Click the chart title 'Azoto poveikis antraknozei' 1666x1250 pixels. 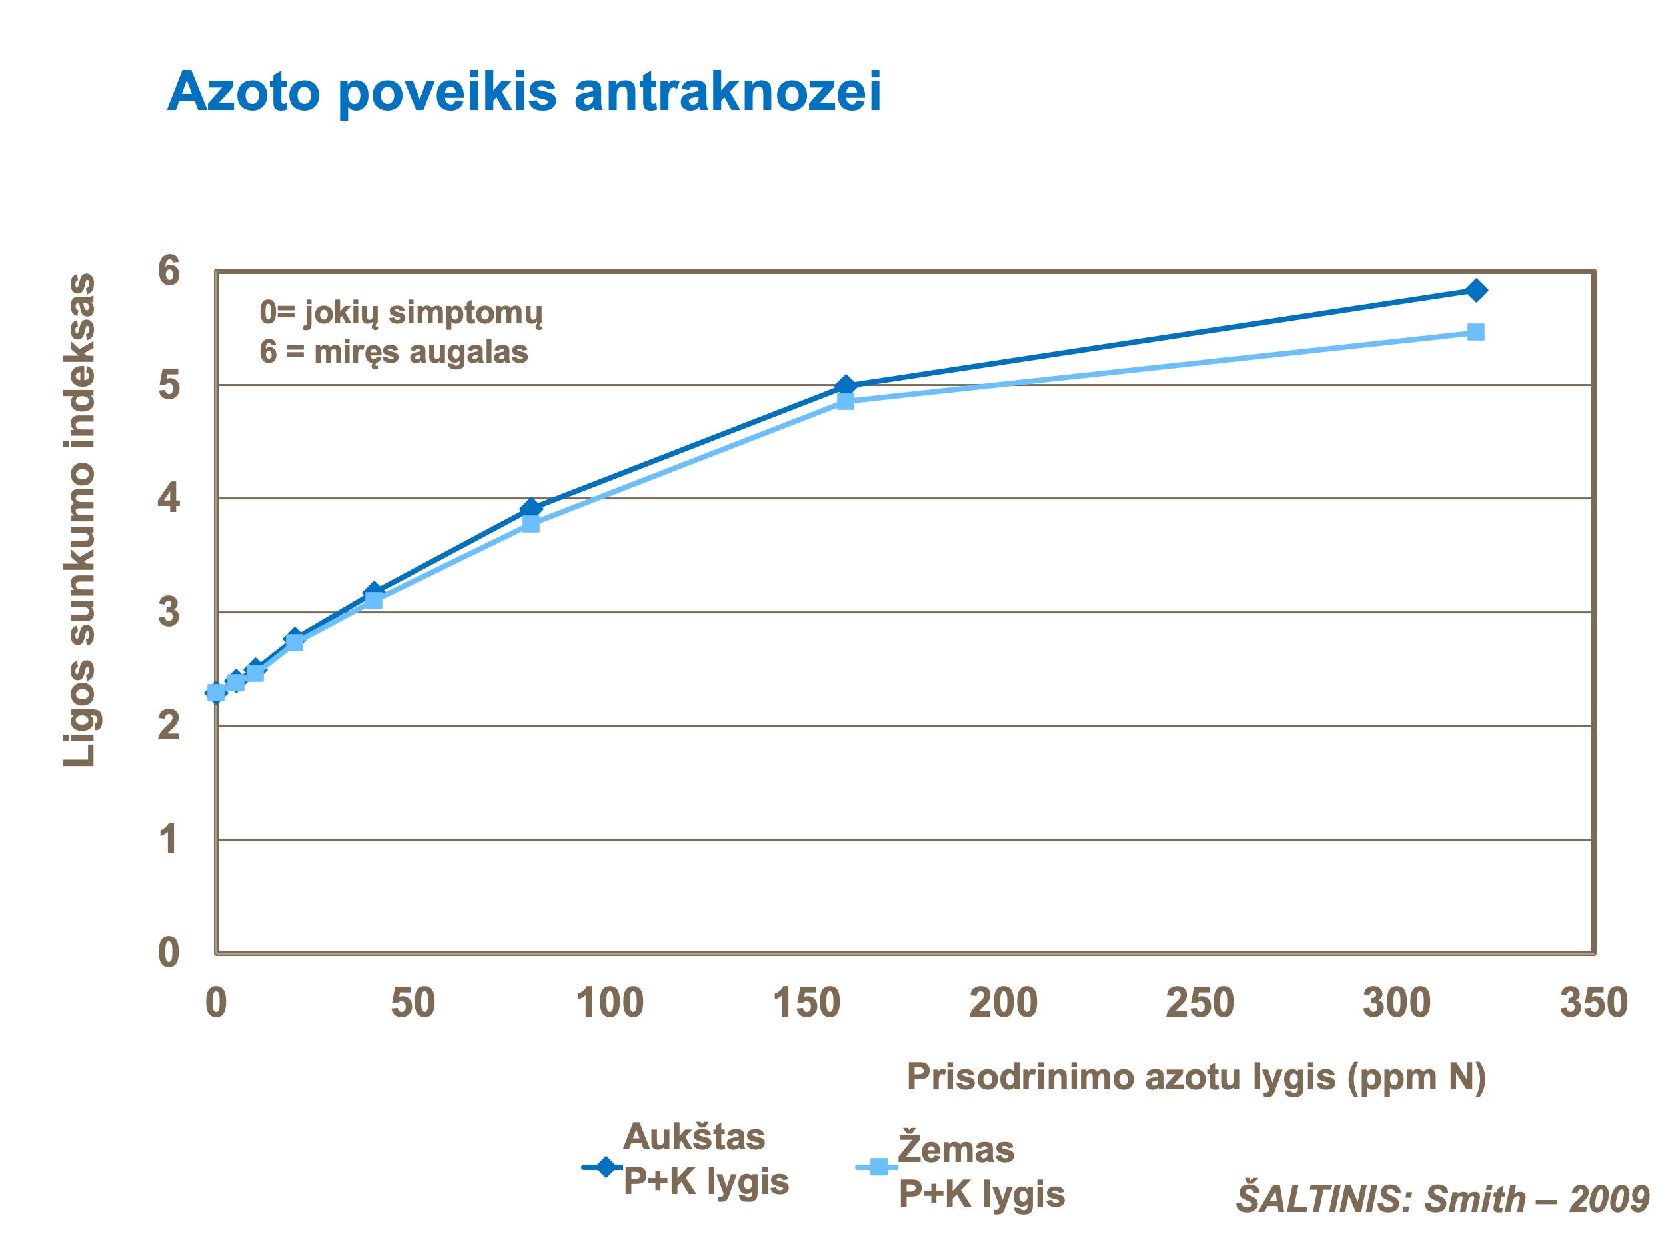524,92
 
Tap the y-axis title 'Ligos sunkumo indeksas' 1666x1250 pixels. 79,521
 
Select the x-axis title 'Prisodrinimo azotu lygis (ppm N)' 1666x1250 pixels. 1197,1077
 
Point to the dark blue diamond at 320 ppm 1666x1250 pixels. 1476,290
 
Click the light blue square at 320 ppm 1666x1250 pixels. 1476,332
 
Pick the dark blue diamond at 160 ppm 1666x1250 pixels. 846,386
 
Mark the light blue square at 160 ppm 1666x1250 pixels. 846,401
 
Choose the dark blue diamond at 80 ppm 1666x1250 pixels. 531,508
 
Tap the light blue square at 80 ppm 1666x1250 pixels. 531,523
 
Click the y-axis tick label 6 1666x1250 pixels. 169,271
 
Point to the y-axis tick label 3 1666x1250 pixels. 169,613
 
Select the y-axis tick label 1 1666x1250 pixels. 169,839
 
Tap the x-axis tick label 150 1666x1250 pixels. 806,1003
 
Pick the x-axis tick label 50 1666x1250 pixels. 413,1003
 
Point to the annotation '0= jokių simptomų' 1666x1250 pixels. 401,313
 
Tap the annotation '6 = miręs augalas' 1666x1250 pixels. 394,352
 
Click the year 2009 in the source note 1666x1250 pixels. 1609,1199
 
